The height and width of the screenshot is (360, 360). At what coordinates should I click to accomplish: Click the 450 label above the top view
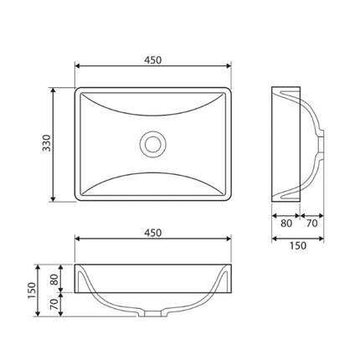[152, 59]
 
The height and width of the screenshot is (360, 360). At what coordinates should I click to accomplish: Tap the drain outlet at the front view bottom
[153, 315]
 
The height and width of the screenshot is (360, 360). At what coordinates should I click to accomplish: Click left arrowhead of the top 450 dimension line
[79, 69]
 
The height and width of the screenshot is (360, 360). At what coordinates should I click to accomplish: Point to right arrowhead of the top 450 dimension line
[227, 69]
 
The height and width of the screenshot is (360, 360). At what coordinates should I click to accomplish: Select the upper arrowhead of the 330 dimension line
[55, 90]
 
